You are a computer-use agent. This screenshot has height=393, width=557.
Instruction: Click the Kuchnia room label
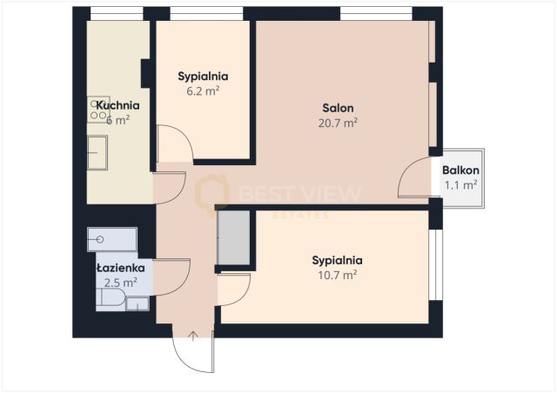tap(117, 105)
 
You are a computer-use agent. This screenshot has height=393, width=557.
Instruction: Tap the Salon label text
tap(338, 108)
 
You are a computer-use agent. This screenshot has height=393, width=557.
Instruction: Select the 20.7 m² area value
tap(338, 123)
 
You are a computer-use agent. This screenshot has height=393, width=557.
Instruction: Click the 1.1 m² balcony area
tap(460, 184)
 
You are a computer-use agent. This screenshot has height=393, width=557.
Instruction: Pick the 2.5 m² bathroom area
tap(121, 283)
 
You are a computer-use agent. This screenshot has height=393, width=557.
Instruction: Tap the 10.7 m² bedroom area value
tap(337, 275)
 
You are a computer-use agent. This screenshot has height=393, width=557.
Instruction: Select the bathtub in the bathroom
tap(112, 239)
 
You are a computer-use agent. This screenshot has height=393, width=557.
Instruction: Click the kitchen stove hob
tap(97, 109)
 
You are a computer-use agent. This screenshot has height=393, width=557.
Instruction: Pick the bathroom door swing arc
tap(172, 278)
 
